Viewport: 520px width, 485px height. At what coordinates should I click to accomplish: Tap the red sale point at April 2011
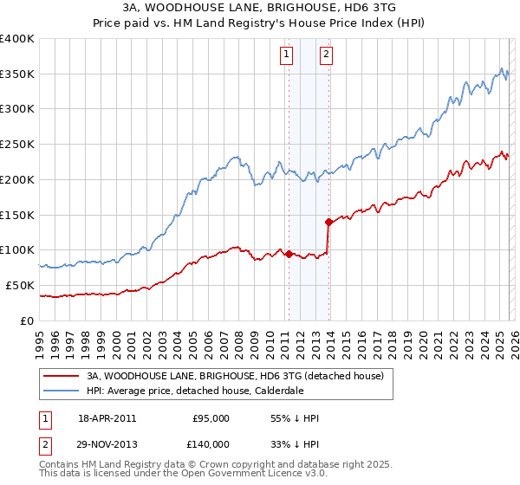click(289, 254)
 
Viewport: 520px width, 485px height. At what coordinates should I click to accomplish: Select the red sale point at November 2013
click(328, 222)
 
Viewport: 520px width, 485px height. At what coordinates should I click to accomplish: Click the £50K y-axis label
click(20, 285)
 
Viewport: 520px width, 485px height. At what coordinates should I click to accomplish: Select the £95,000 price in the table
click(211, 418)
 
